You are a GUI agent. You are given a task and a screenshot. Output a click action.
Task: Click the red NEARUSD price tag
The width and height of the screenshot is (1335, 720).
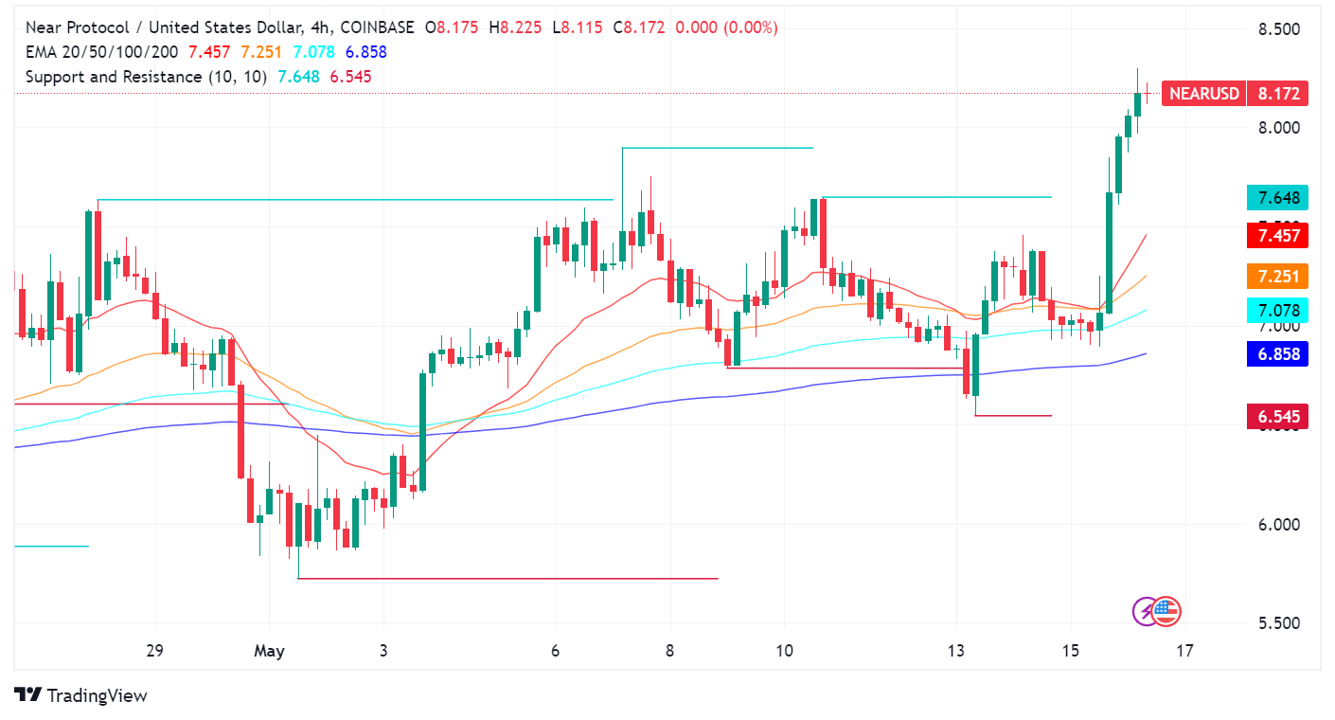click(1203, 93)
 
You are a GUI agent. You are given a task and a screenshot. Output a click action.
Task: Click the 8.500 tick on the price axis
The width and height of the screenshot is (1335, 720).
click(1278, 29)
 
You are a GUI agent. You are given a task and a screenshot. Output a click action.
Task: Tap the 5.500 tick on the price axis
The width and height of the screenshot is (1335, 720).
click(1278, 623)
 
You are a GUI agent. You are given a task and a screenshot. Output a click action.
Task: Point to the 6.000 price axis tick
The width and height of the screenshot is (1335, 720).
click(1278, 524)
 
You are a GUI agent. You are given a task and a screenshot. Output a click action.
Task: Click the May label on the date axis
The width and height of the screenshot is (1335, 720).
click(269, 651)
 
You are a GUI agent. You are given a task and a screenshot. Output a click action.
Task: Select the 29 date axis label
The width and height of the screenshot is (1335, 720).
click(155, 651)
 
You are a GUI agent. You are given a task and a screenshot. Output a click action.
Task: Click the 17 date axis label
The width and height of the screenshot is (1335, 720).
click(1184, 651)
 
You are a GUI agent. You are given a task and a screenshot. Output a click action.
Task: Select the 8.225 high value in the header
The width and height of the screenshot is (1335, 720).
click(520, 28)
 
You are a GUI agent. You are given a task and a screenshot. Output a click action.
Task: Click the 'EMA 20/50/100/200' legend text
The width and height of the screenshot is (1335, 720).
click(103, 52)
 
